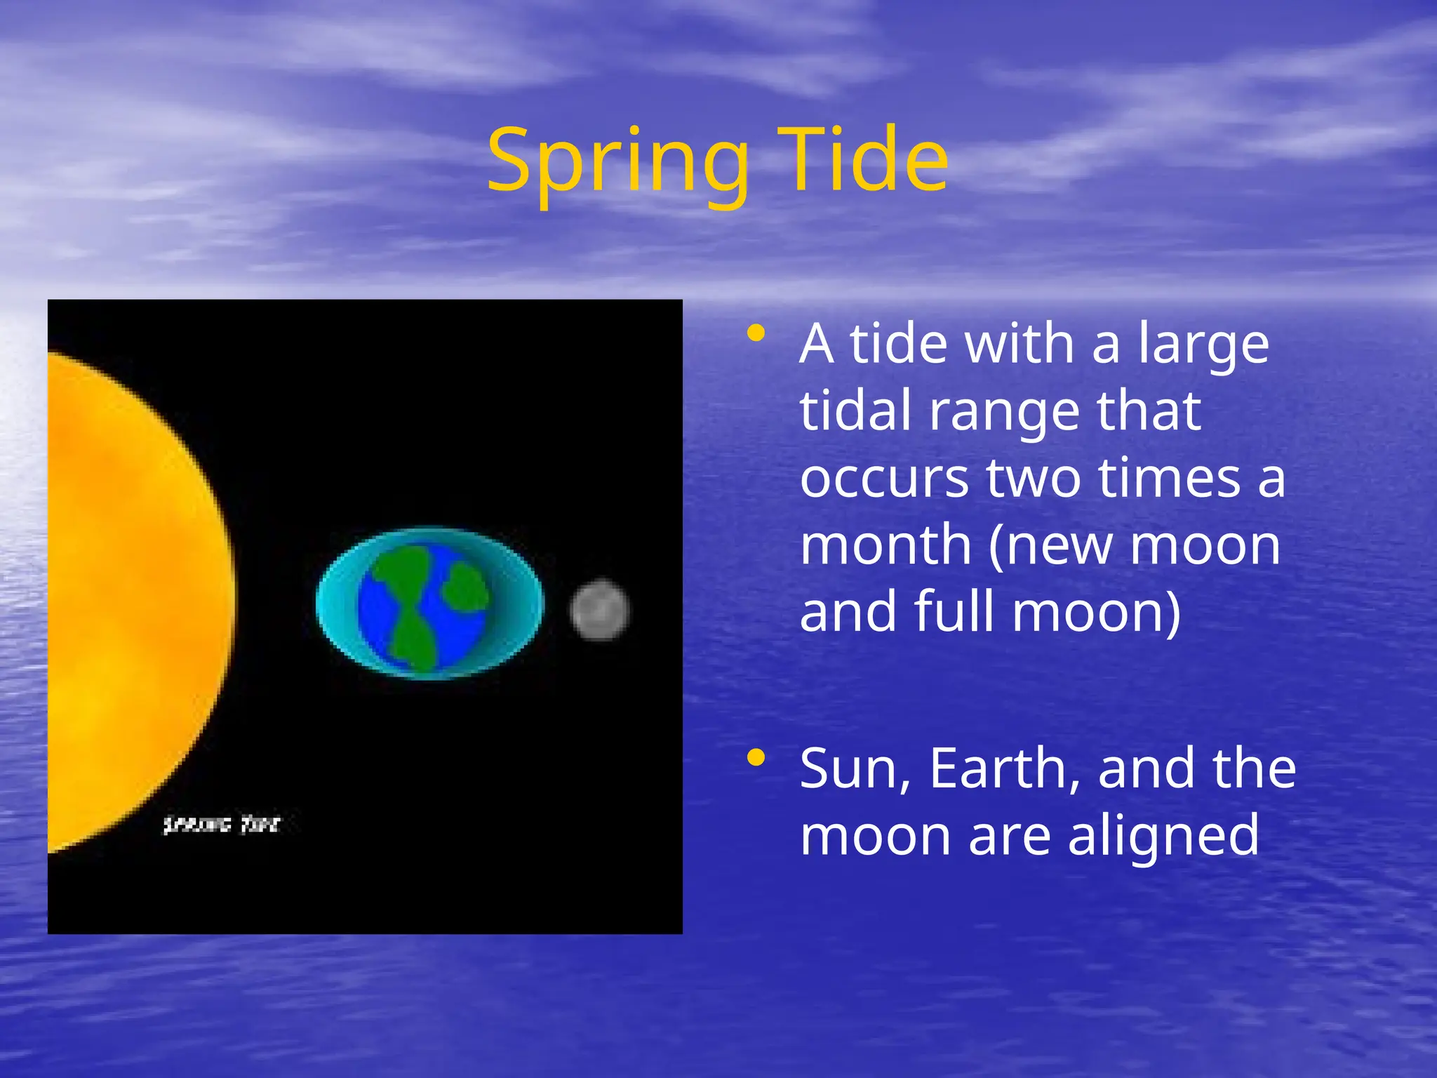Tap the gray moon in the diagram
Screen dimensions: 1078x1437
(599, 610)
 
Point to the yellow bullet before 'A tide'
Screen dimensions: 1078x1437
(756, 333)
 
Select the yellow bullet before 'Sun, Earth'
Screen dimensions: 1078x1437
(756, 757)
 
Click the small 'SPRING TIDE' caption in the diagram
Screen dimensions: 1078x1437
(221, 825)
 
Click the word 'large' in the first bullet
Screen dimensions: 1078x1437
(1203, 345)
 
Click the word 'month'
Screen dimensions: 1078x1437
(885, 545)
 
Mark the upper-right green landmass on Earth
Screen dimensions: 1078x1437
(465, 587)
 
